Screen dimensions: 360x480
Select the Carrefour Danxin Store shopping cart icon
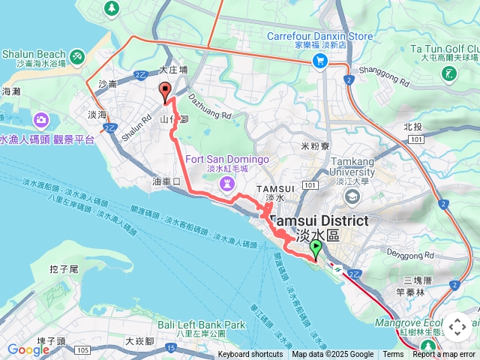click(321, 61)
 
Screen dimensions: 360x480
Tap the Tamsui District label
click(319, 221)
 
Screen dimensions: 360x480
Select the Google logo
click(28, 349)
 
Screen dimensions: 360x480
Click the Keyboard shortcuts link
click(250, 355)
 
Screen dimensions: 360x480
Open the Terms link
click(393, 355)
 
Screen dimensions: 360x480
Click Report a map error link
click(445, 355)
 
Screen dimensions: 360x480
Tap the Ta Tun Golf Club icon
click(449, 73)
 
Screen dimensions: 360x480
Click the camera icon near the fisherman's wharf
click(40, 119)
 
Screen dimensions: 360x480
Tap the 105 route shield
click(81, 351)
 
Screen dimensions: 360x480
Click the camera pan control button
click(457, 326)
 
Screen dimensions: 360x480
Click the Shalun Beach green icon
click(77, 56)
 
